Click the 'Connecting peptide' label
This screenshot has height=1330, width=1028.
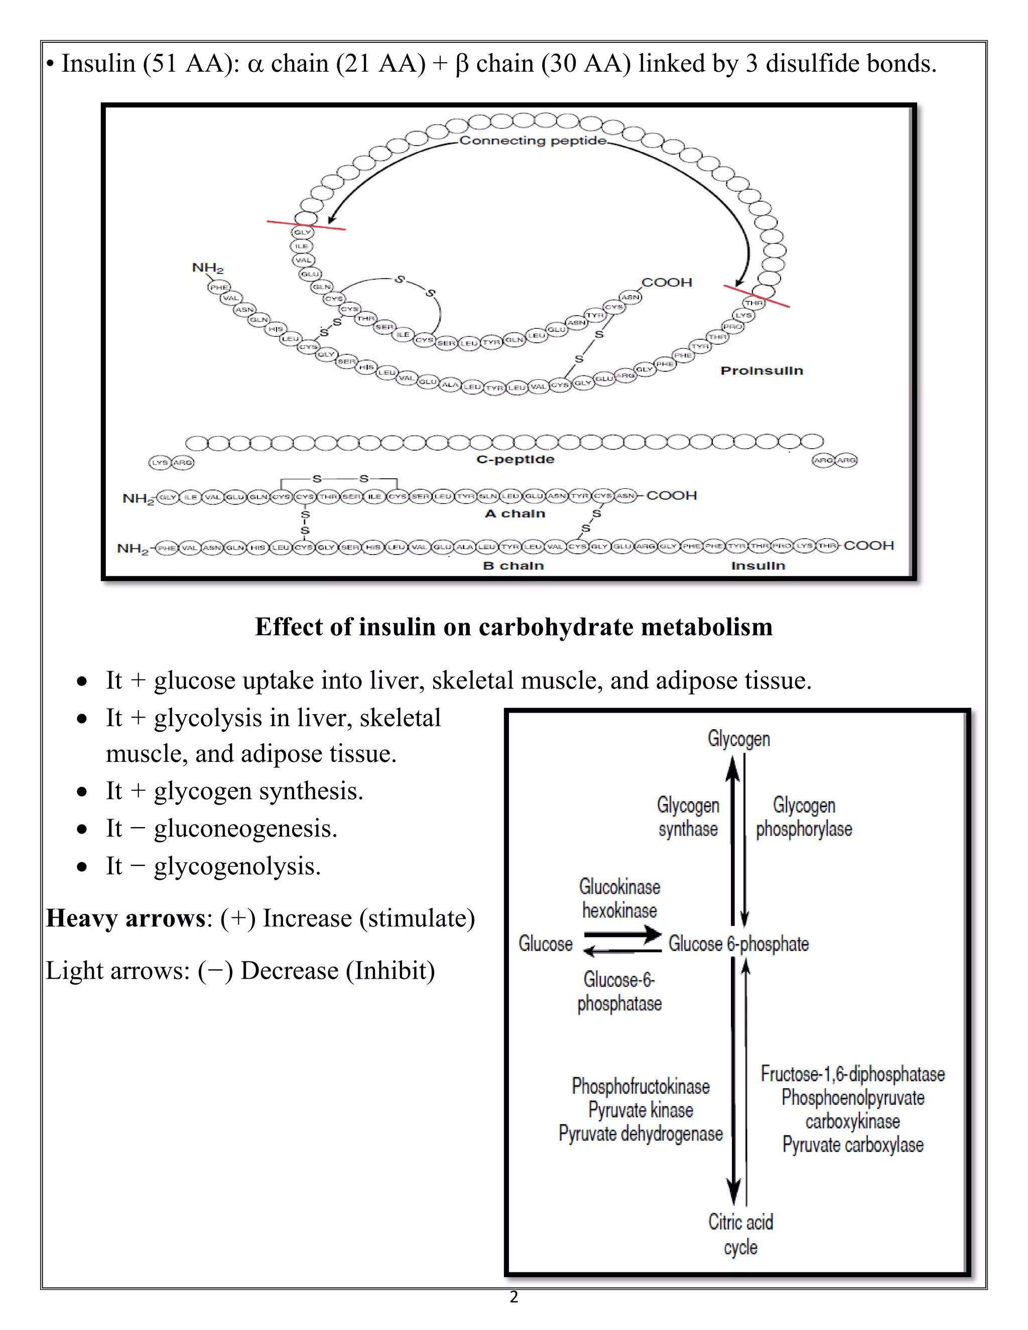click(x=533, y=141)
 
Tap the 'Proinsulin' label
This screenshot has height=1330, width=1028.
click(x=761, y=371)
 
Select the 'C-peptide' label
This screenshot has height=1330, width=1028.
click(x=515, y=459)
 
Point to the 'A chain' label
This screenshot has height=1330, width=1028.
click(x=515, y=513)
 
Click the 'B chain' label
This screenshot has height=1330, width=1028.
click(x=513, y=566)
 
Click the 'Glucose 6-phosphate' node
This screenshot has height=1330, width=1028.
click(x=738, y=944)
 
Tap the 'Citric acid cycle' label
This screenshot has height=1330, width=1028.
click(x=740, y=1235)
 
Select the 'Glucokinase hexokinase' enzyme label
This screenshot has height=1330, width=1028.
click(x=619, y=898)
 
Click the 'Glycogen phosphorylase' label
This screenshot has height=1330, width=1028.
click(x=804, y=817)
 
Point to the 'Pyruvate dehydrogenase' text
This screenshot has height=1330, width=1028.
click(x=640, y=1134)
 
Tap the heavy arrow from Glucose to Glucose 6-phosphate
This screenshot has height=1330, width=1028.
click(x=622, y=934)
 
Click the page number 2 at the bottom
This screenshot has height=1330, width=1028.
click(x=514, y=1297)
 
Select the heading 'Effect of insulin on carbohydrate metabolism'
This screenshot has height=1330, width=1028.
click(x=513, y=627)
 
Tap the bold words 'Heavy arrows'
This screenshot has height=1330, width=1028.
click(x=125, y=918)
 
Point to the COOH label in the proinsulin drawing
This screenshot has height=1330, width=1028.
click(x=667, y=283)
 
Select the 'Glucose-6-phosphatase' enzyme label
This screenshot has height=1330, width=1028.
click(x=619, y=991)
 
